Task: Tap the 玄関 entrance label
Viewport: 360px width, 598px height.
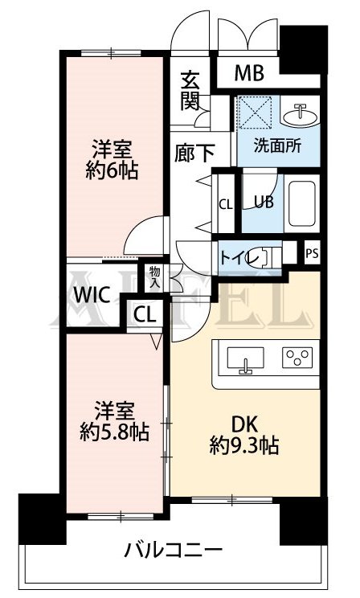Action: coord(190,91)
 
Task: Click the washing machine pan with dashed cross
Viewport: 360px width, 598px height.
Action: coord(255,112)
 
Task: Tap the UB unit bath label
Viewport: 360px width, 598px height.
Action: coord(263,201)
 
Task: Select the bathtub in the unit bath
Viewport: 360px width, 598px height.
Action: coord(302,205)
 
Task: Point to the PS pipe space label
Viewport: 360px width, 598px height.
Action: coord(312,252)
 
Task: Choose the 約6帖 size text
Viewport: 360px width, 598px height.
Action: coord(110,171)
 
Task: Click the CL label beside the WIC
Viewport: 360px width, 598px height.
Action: coord(145,313)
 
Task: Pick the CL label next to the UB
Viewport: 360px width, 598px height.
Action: coord(226,204)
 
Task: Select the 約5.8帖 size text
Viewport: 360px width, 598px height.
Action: coord(113,432)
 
